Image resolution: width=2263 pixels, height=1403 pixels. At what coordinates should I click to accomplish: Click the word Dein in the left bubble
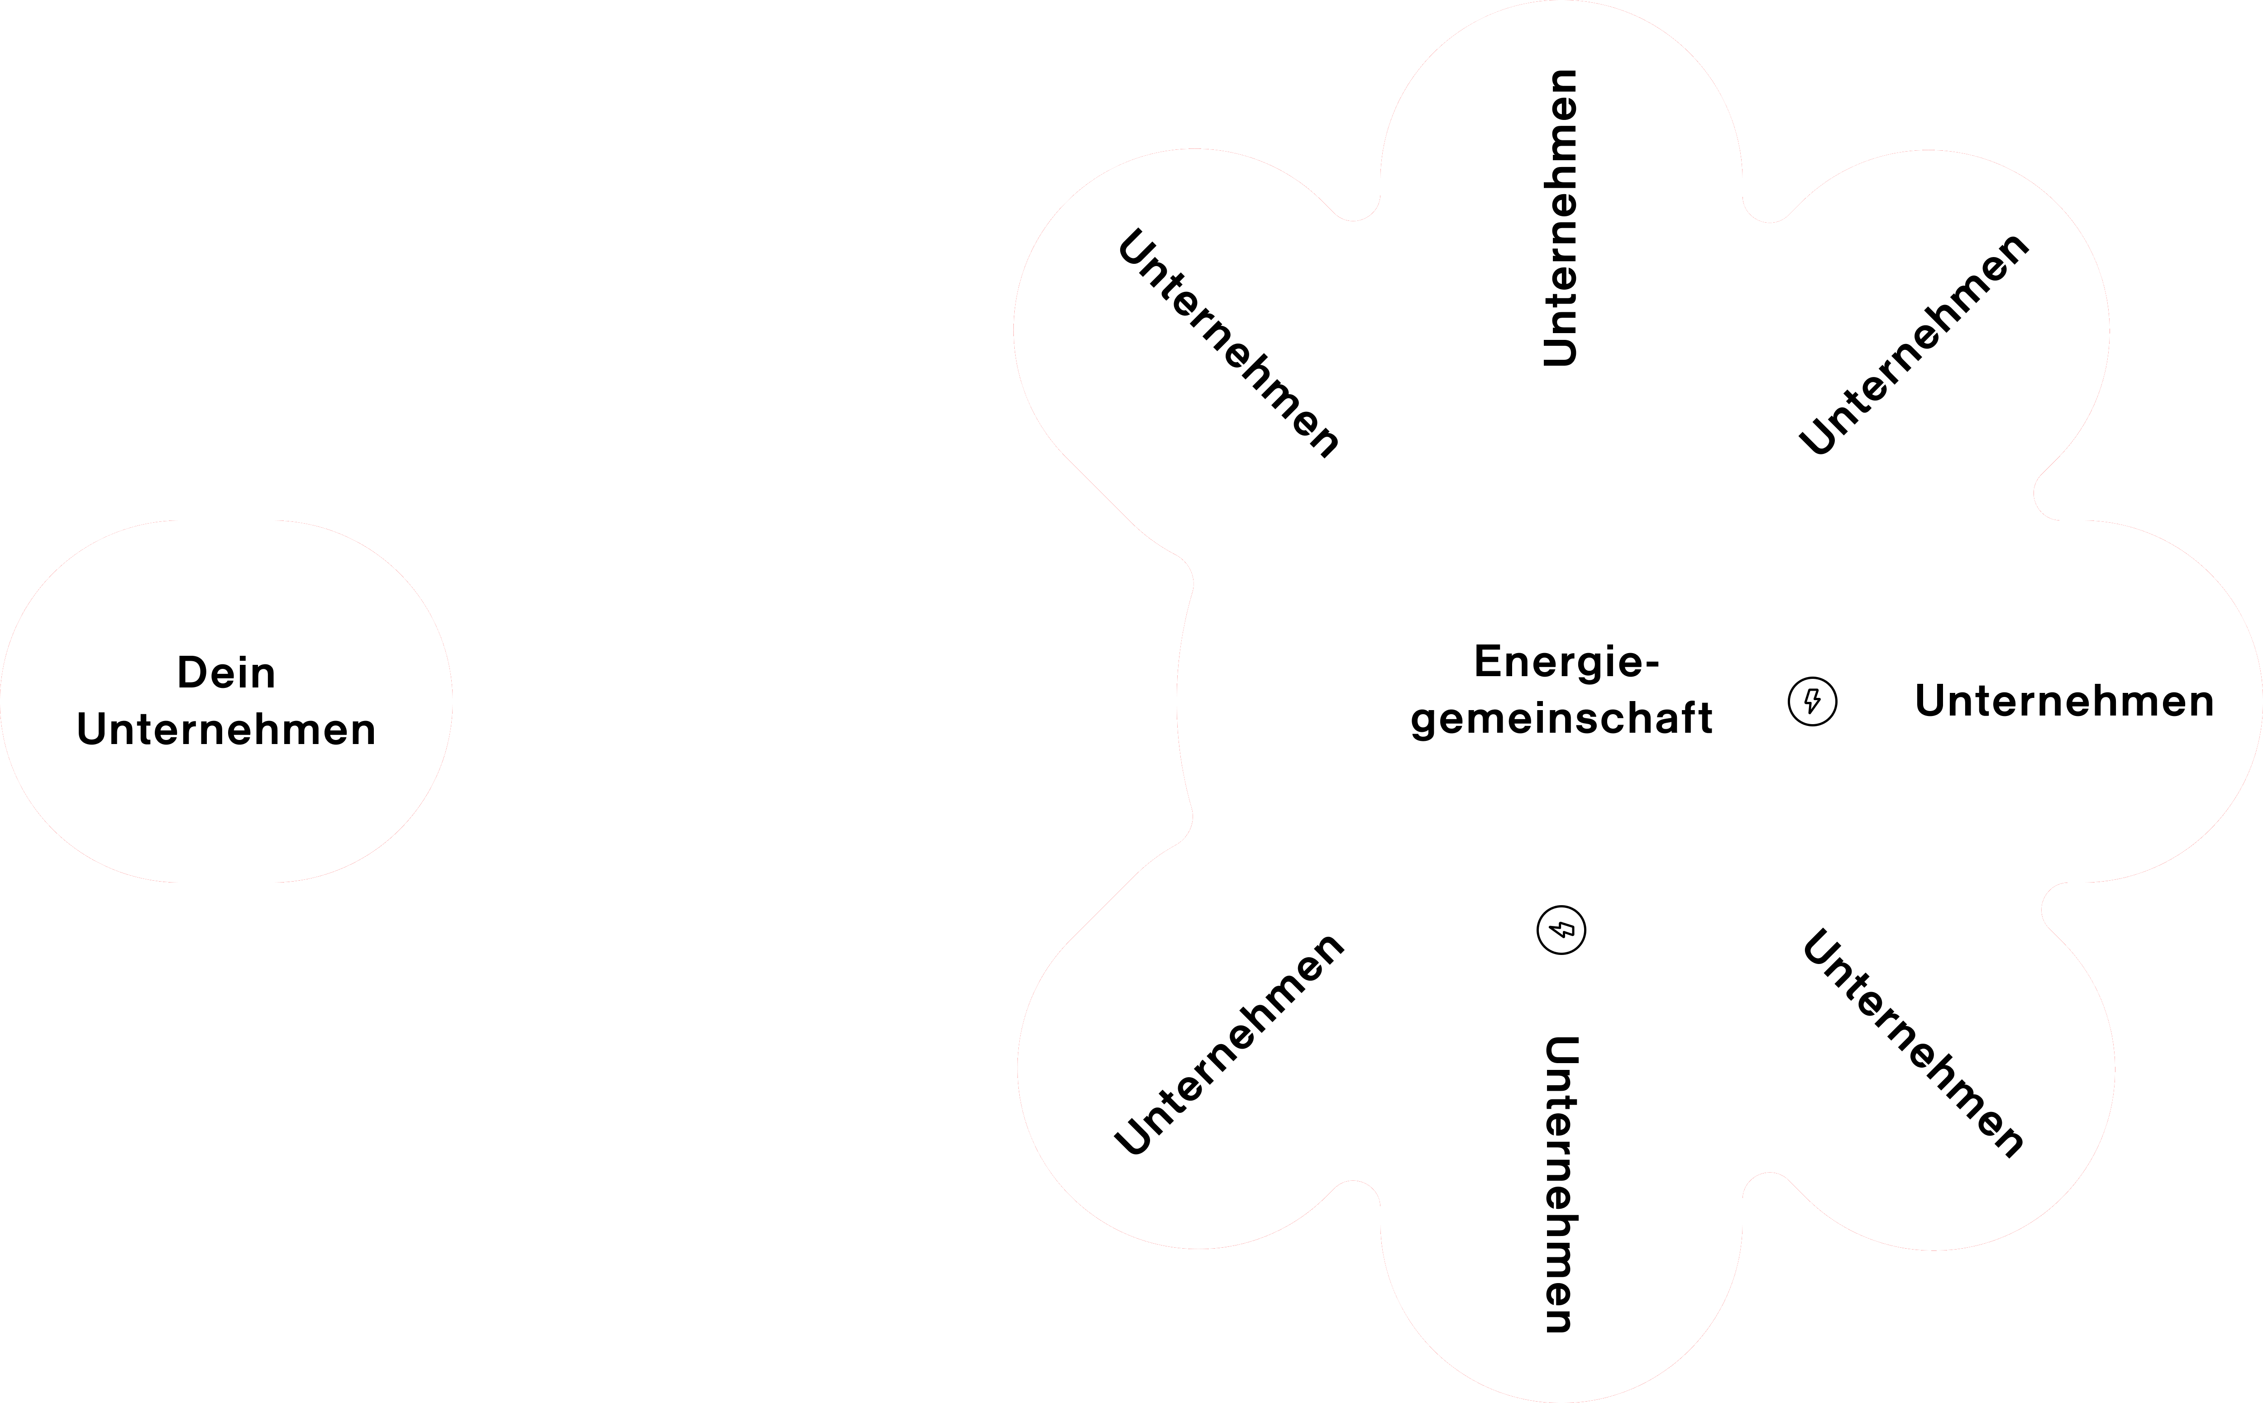[x=226, y=673]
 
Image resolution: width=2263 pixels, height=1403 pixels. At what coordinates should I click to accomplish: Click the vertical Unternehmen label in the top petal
[x=1561, y=218]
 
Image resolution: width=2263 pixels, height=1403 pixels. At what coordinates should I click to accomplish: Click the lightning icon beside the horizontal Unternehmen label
[x=1812, y=701]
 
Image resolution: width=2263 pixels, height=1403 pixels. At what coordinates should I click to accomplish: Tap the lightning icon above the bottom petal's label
[x=1561, y=930]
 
